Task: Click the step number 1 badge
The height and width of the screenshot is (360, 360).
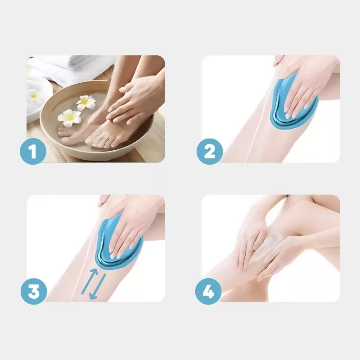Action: (x=33, y=151)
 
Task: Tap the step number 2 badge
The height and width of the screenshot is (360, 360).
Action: (x=210, y=151)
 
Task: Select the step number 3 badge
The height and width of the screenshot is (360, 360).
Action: (x=33, y=291)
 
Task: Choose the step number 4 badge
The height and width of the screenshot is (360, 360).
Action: (x=208, y=291)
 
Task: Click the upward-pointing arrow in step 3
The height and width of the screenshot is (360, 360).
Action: (x=90, y=281)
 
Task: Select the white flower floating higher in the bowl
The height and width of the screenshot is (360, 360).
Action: (x=86, y=103)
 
